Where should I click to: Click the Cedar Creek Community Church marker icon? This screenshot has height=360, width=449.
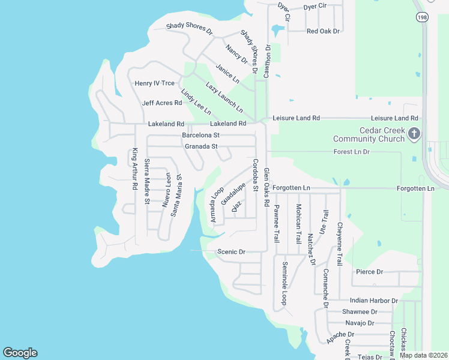tap(414, 133)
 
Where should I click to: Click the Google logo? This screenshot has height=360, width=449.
tap(20, 353)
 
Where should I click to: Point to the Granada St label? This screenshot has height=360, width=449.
tap(201, 146)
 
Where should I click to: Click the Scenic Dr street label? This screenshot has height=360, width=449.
tap(232, 252)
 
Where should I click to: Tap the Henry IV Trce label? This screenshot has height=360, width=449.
tap(155, 83)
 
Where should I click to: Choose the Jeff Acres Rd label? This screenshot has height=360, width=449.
tap(162, 103)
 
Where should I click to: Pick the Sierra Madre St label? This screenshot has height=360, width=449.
tap(147, 182)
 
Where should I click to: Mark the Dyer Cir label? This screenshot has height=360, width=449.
tap(315, 6)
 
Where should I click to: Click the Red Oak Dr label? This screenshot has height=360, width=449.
tap(323, 31)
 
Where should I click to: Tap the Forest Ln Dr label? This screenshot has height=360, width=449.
tap(352, 152)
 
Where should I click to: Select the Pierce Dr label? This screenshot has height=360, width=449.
tap(370, 272)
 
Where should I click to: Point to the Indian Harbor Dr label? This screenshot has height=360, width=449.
tap(374, 300)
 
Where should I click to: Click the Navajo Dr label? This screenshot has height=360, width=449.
tap(360, 323)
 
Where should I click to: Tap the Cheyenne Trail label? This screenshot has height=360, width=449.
tap(340, 243)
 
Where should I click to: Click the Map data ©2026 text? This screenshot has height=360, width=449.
tap(424, 355)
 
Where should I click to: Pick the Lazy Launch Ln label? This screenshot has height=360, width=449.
tap(224, 97)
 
